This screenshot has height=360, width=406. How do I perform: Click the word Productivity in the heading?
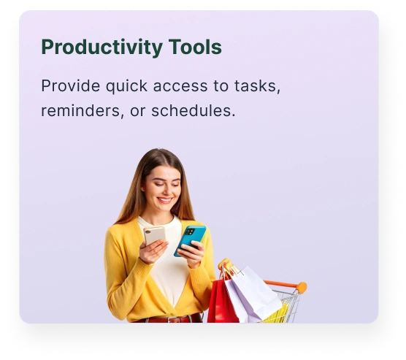[x=102, y=47]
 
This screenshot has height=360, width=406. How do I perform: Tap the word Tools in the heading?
[x=195, y=47]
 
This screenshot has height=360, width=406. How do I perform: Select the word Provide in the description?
[x=70, y=85]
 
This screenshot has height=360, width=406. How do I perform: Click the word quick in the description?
[x=126, y=86]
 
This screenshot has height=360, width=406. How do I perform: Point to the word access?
[x=180, y=86]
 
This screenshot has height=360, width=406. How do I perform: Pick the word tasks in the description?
[x=257, y=86]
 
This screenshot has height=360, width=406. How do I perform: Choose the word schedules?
[x=194, y=110]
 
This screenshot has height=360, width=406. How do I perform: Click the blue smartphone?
[x=190, y=240]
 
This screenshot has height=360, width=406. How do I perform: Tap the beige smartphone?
[x=154, y=235]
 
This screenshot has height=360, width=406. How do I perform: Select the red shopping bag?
[x=221, y=300]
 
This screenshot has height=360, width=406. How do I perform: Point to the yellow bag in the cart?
[x=276, y=313]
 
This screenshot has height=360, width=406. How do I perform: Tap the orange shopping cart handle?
[x=285, y=285]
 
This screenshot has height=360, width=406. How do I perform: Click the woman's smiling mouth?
[x=165, y=200]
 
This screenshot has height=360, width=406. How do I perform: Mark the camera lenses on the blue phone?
[x=190, y=231]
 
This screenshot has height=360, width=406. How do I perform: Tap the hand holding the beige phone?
[x=153, y=251]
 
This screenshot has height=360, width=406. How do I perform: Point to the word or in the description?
[x=137, y=112]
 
